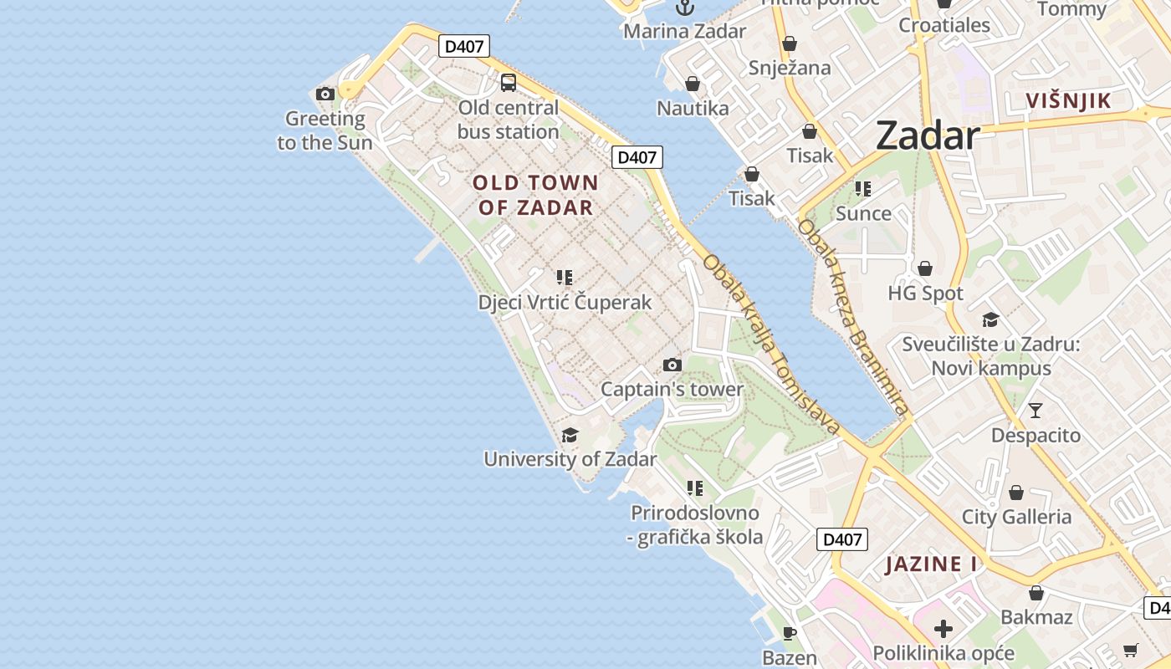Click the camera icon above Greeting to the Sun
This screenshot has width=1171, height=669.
click(325, 94)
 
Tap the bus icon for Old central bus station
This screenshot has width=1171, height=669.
click(509, 82)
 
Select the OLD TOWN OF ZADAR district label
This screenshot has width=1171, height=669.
click(535, 195)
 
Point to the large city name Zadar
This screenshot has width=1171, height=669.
click(928, 135)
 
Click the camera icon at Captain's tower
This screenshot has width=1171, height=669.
click(672, 365)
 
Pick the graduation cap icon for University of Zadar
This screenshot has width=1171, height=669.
click(570, 435)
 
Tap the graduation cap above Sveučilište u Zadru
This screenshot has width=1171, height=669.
click(990, 319)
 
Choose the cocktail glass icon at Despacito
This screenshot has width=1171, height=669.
click(1035, 410)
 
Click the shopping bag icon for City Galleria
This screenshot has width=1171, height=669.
click(1016, 493)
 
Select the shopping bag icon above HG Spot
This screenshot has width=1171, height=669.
click(925, 268)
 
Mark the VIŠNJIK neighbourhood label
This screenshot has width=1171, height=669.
click(1069, 101)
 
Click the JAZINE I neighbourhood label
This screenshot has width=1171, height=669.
click(932, 564)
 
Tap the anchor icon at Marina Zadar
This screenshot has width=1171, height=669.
click(685, 8)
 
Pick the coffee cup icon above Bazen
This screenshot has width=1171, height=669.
click(789, 632)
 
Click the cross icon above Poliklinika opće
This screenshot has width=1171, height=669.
click(943, 628)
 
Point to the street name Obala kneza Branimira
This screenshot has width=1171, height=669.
click(852, 318)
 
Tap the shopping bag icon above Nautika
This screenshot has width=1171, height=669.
click(692, 84)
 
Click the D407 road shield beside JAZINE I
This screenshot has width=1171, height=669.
click(842, 539)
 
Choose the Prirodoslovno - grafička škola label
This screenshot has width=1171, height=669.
click(695, 525)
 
